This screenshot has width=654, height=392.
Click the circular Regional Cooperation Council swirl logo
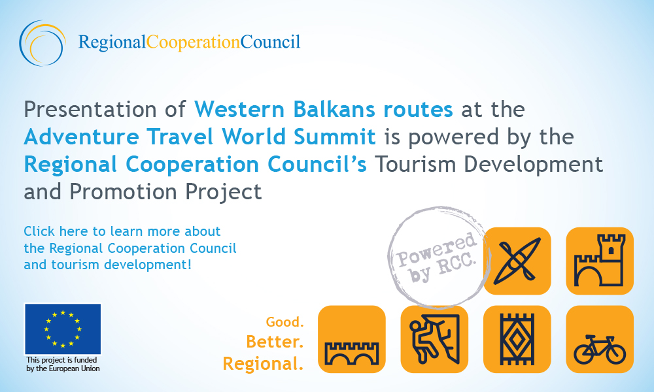point(42,43)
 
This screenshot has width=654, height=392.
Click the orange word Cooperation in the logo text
point(193,42)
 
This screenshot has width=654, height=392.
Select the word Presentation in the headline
point(90,110)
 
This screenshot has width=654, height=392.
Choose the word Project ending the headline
point(224,192)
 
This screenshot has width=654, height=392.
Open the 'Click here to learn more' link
point(130,248)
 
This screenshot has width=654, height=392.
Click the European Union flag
point(63,329)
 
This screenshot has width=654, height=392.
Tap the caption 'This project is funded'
point(61,360)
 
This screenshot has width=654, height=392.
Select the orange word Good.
point(285,322)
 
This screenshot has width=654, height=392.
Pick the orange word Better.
point(275,342)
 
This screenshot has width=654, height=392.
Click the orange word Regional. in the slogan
point(263,364)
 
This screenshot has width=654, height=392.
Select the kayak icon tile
point(517,261)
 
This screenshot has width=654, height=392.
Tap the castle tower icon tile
point(600,261)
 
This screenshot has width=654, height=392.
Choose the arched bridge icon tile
point(352,339)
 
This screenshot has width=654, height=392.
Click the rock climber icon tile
point(435,339)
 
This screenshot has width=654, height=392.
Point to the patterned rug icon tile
point(517,339)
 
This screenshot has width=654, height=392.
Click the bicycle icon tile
point(600,339)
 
